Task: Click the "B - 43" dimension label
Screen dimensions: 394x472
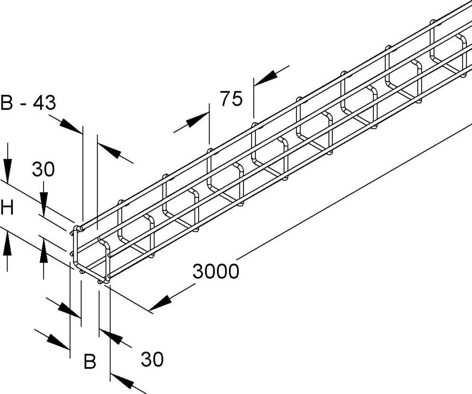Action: [x=28, y=102]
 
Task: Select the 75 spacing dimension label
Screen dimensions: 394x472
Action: [x=231, y=99]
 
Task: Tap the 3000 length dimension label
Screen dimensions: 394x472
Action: [x=216, y=272]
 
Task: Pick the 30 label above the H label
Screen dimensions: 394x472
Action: [x=43, y=169]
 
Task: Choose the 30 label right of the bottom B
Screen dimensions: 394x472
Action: [x=152, y=360]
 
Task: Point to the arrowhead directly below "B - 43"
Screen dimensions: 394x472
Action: [x=71, y=126]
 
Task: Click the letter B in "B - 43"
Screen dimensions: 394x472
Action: [x=6, y=102]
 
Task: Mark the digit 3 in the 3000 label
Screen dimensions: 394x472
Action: [x=198, y=272]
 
